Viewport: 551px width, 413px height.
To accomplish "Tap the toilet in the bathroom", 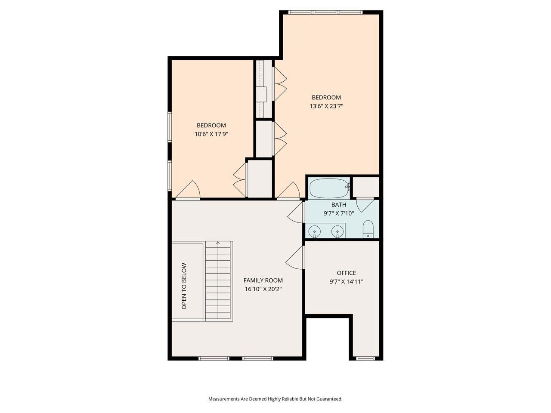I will pos(368,229).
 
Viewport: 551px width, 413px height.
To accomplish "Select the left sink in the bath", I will pos(315,231).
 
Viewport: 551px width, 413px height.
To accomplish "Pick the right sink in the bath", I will pos(338,231).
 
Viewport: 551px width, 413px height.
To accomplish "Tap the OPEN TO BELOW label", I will pos(184,286).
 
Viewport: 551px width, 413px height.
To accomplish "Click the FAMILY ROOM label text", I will pos(263,280).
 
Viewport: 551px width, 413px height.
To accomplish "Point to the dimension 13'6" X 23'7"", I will pos(326,106).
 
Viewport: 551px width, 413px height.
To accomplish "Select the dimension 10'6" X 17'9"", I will pos(211,134).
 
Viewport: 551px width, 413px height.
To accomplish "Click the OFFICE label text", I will pos(346,273).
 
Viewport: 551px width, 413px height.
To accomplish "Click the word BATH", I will pos(338,205).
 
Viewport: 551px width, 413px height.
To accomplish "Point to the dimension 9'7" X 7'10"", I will pos(338,213).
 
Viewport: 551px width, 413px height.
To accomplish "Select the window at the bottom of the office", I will pos(365,358).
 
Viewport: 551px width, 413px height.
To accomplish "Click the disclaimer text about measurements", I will pos(275,399).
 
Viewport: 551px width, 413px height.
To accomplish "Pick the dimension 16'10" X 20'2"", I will pos(263,289).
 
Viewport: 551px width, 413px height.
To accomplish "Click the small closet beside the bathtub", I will pos(365,187).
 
